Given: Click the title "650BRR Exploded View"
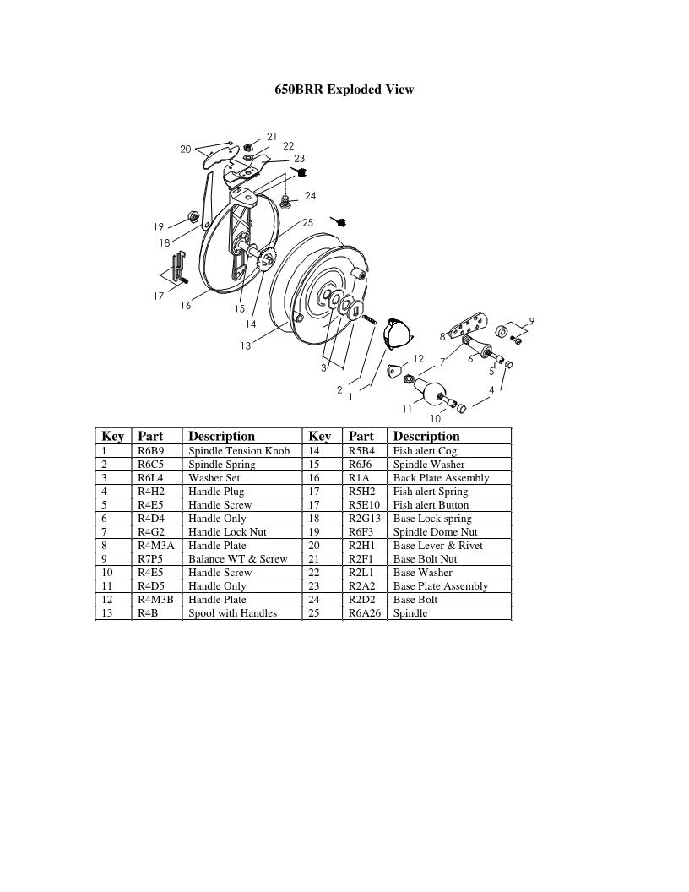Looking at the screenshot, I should point(344,89).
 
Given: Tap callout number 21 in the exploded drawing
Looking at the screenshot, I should point(272,136).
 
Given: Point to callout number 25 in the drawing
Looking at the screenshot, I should point(307,223).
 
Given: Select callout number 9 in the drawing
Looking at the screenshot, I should point(531,320).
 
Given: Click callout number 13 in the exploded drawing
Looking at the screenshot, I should point(246,345).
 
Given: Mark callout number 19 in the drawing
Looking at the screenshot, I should point(159,226).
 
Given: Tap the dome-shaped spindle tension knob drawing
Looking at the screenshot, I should point(396,333).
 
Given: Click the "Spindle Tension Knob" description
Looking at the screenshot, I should point(239,451).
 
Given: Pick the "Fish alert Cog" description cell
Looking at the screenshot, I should point(425,451).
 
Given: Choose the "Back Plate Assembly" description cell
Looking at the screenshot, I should point(441,478).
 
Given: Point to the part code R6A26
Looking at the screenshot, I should point(365,613).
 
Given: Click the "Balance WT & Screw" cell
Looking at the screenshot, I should point(237,559).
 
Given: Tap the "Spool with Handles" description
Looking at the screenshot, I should point(232,613).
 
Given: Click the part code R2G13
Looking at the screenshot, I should point(365,519).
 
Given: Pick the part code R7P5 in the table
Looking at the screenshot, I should point(150,559).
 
